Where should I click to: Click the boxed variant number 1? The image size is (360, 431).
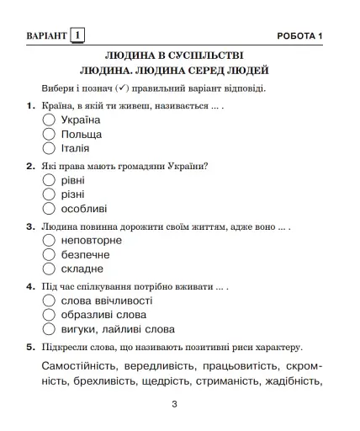pos(79,35)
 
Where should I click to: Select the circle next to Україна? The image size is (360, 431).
pos(49,120)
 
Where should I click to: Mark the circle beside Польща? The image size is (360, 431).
pos(49,135)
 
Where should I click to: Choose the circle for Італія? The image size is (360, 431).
pos(49,148)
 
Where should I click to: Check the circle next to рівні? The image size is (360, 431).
pos(49,181)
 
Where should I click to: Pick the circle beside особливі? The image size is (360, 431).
pos(49,209)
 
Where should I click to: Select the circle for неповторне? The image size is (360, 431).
pos(49,241)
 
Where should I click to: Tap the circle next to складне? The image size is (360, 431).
pos(49,269)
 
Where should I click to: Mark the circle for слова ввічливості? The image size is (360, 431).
pos(49,301)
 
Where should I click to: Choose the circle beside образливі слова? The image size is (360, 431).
pos(49,315)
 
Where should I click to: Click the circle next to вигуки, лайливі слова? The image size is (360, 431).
pos(49,329)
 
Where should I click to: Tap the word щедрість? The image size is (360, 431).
pos(157,382)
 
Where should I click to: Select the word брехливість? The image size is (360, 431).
pos(94,382)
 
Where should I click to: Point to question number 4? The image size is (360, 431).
pos(30,286)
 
